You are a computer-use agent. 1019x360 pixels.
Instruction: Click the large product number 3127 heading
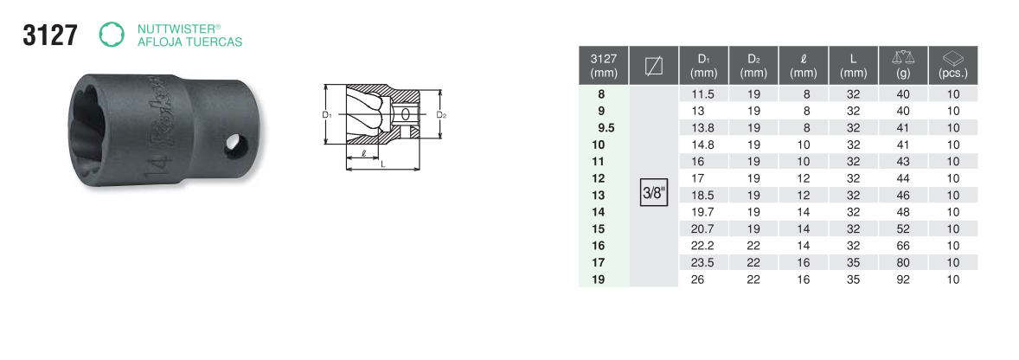tap(50, 35)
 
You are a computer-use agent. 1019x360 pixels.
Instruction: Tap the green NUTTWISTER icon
tap(111, 35)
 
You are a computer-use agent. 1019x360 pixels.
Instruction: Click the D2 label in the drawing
tap(440, 115)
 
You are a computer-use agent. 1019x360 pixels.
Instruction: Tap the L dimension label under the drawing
tap(383, 165)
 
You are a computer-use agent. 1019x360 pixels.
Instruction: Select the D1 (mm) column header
tap(703, 65)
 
